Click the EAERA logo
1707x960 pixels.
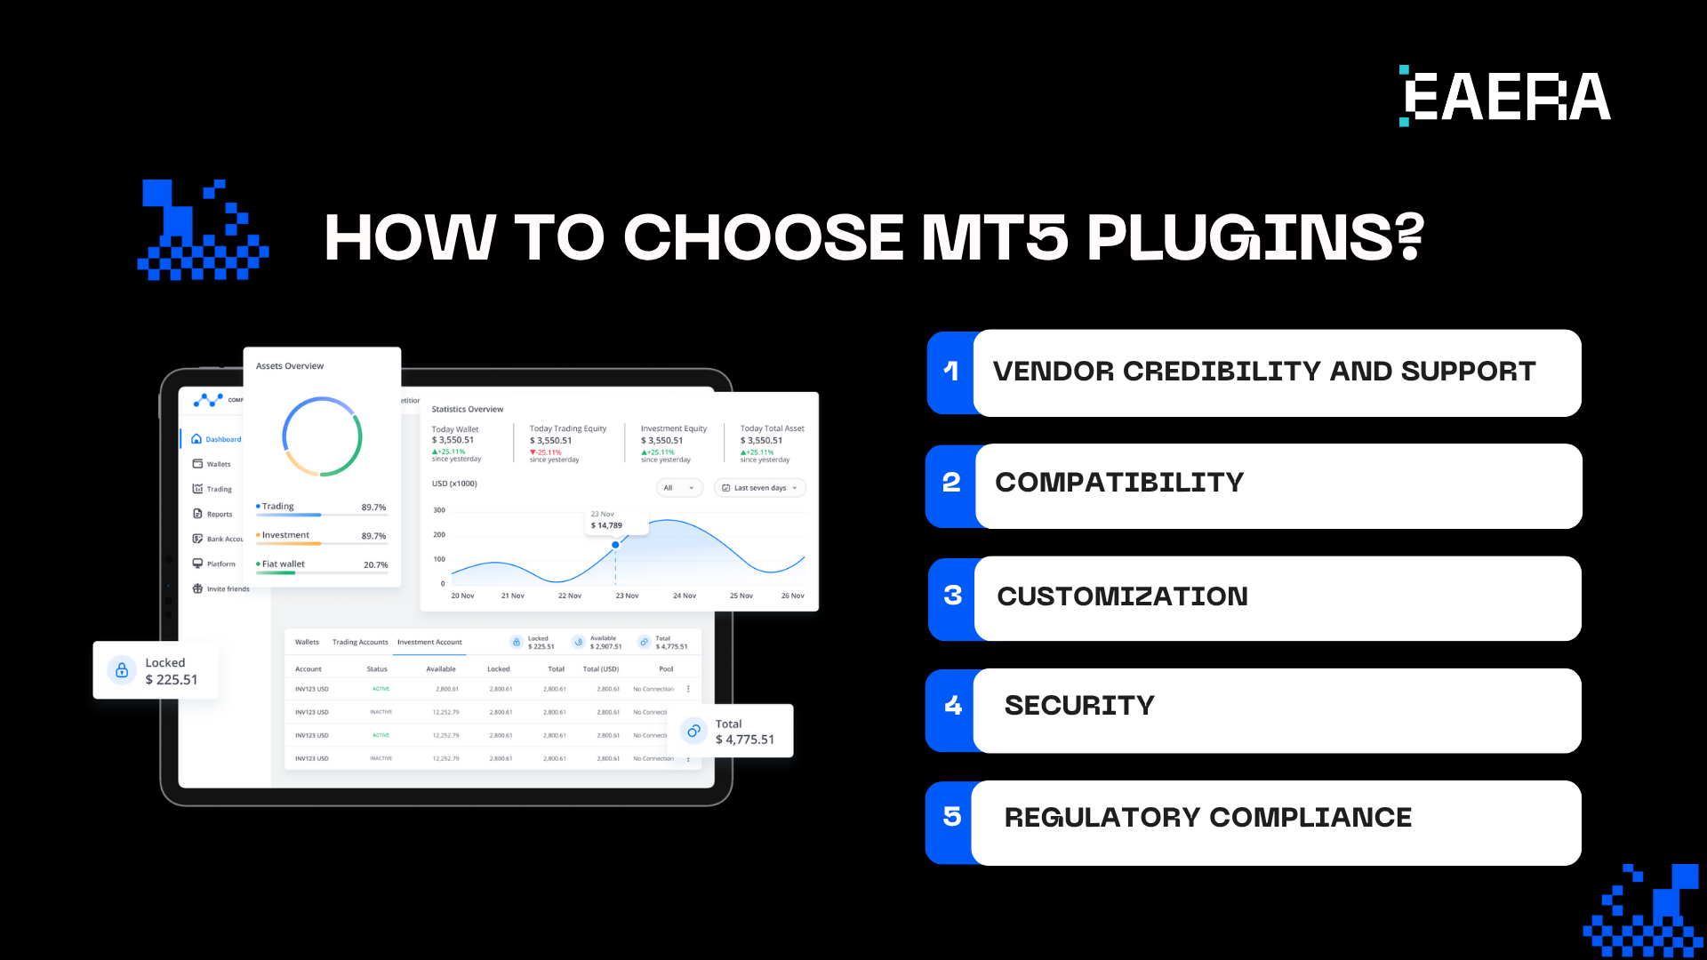(1505, 96)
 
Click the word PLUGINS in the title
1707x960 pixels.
(1254, 237)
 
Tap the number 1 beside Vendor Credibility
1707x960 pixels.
(951, 372)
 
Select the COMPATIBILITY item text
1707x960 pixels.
(1118, 483)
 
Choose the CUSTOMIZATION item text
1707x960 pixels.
(1122, 596)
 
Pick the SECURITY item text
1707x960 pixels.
(1078, 706)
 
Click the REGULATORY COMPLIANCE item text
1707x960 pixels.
(1207, 818)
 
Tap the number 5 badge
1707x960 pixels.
(951, 817)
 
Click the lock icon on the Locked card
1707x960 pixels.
(122, 670)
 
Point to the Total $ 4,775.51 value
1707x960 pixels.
(744, 740)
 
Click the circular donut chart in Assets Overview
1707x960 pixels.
(322, 436)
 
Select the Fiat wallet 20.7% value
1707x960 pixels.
(375, 565)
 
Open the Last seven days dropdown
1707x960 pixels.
(760, 488)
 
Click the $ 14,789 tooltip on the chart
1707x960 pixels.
(607, 525)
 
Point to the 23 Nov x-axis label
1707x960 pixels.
(627, 596)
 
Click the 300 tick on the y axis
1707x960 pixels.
(439, 510)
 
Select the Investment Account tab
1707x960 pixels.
(429, 643)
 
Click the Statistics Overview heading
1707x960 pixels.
(468, 410)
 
